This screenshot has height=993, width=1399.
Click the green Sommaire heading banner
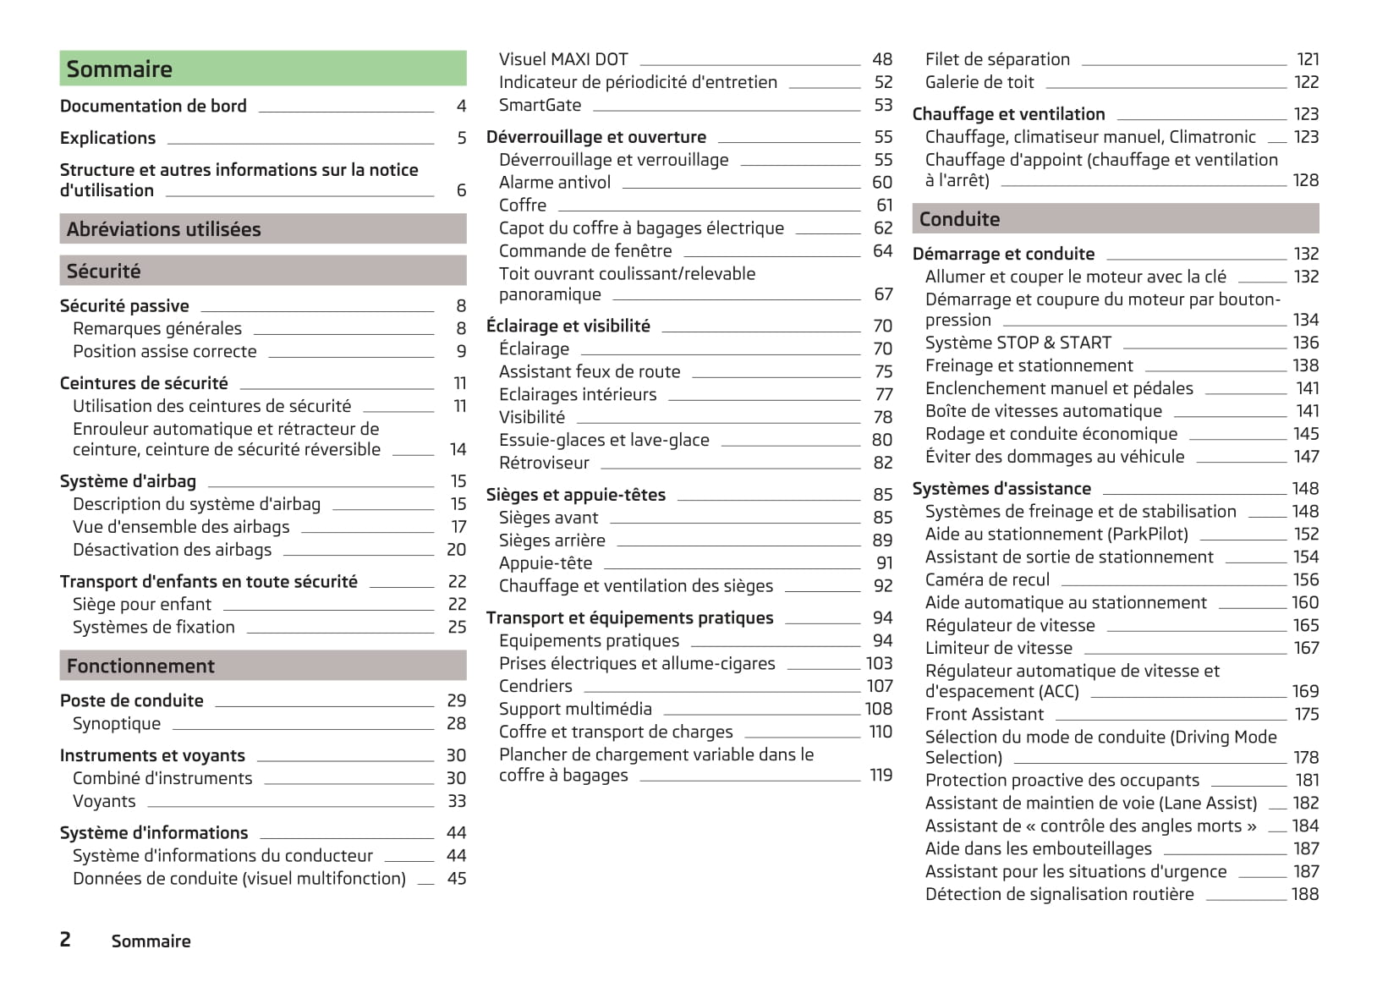(262, 69)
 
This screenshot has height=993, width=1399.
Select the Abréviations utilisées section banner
(262, 229)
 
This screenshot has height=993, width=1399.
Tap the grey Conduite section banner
(1115, 219)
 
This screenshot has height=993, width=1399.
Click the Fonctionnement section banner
(262, 666)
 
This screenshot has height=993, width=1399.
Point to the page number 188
(1304, 894)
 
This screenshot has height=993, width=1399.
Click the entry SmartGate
(540, 105)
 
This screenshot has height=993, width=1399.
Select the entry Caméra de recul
(987, 579)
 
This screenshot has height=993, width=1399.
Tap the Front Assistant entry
(985, 714)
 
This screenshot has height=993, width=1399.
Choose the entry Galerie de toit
(979, 82)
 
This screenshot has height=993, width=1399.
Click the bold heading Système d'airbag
(128, 481)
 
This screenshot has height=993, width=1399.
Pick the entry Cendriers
(535, 686)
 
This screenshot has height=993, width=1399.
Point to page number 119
(881, 775)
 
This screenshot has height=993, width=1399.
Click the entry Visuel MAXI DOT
(563, 59)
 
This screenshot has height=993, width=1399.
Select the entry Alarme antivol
(555, 182)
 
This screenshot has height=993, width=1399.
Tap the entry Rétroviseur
(544, 463)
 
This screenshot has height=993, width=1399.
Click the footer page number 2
(65, 940)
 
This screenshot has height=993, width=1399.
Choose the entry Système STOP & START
(1018, 343)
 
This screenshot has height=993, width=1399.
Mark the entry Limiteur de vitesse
(999, 648)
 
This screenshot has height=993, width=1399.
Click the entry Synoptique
(117, 723)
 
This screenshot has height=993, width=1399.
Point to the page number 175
(1306, 714)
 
